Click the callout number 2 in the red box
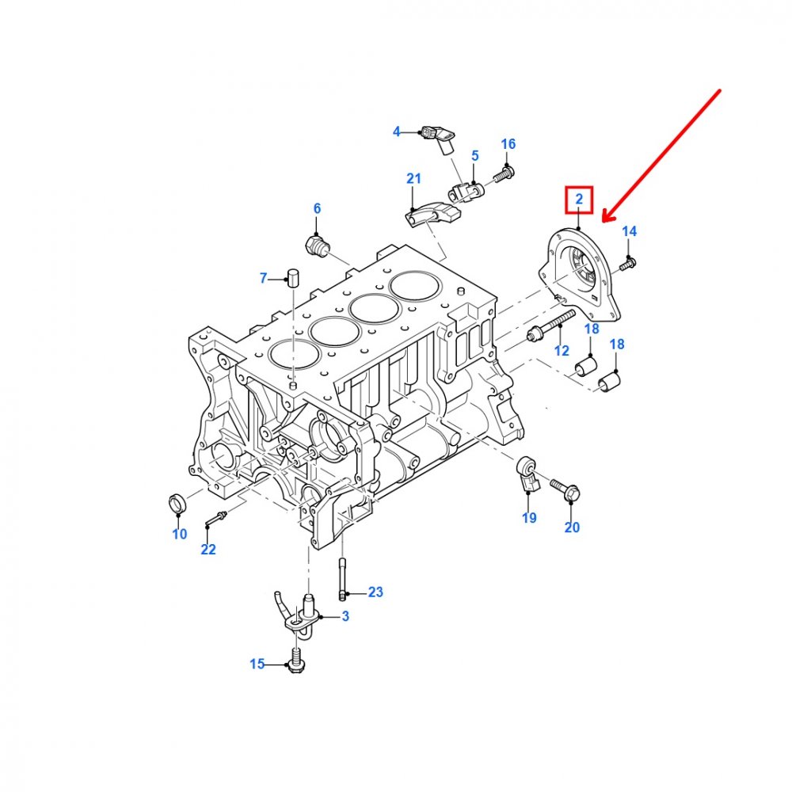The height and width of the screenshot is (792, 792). click(579, 199)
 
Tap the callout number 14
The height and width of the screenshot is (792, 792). click(629, 231)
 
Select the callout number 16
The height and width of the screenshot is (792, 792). click(508, 144)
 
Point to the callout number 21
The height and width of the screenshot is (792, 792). click(413, 178)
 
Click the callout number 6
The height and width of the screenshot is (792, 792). click(318, 208)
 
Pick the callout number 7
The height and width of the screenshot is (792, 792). click(263, 278)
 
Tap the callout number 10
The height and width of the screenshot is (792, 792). click(180, 534)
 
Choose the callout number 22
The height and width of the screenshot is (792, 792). click(208, 549)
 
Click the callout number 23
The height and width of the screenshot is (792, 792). click(375, 592)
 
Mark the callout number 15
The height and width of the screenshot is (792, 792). click(257, 664)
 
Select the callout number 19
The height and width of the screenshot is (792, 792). click(529, 518)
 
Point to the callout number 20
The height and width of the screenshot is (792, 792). click(572, 527)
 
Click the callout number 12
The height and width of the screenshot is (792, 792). click(562, 351)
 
